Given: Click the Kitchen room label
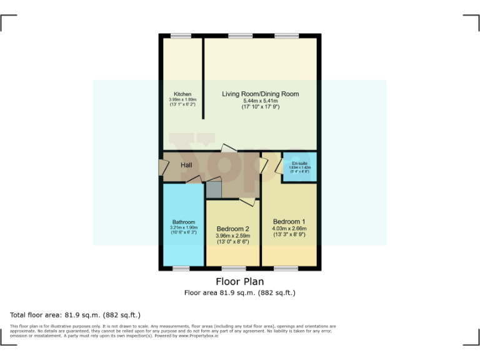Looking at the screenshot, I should (182, 94).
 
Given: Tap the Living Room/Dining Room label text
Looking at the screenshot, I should (260, 94).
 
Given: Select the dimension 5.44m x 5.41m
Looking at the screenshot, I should (260, 101).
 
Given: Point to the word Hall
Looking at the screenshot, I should (186, 165).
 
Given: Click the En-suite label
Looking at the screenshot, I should (299, 163).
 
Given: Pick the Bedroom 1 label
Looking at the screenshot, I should (289, 221).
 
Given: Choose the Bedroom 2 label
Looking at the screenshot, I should (232, 229).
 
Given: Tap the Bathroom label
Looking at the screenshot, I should (184, 222).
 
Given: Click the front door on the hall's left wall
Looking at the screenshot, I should (162, 167).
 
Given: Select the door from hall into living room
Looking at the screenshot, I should (229, 149).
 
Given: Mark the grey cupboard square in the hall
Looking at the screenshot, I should (214, 189).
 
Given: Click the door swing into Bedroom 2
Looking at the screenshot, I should (247, 201).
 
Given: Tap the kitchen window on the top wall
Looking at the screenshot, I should (181, 36).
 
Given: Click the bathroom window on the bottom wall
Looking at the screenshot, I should (181, 268).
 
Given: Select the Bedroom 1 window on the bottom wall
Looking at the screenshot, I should (286, 268).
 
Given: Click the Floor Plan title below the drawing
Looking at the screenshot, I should (239, 281).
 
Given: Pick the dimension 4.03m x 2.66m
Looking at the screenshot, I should (289, 228).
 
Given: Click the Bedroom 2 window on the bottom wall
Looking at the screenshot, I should (234, 268).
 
